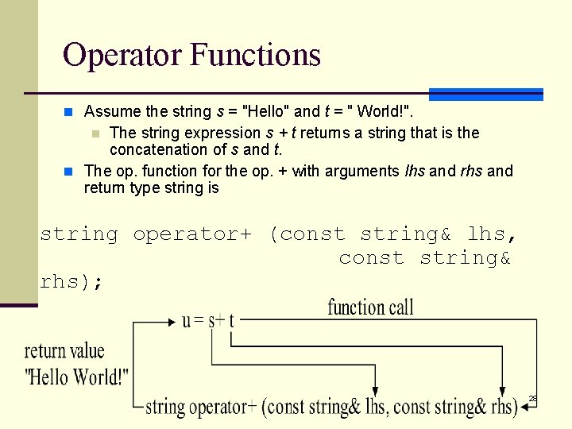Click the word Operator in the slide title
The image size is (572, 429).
(x=123, y=55)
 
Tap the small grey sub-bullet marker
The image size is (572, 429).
(x=95, y=133)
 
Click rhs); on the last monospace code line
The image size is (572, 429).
(x=71, y=281)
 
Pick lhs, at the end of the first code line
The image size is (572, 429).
(x=492, y=234)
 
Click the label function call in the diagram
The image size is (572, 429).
(x=370, y=307)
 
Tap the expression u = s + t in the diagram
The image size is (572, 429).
(x=208, y=320)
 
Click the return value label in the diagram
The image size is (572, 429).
(x=64, y=351)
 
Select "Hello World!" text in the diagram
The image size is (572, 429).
(x=77, y=376)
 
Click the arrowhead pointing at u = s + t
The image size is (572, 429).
(x=176, y=321)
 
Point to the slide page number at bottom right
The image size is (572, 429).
(x=532, y=398)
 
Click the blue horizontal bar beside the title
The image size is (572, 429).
(x=486, y=94)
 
